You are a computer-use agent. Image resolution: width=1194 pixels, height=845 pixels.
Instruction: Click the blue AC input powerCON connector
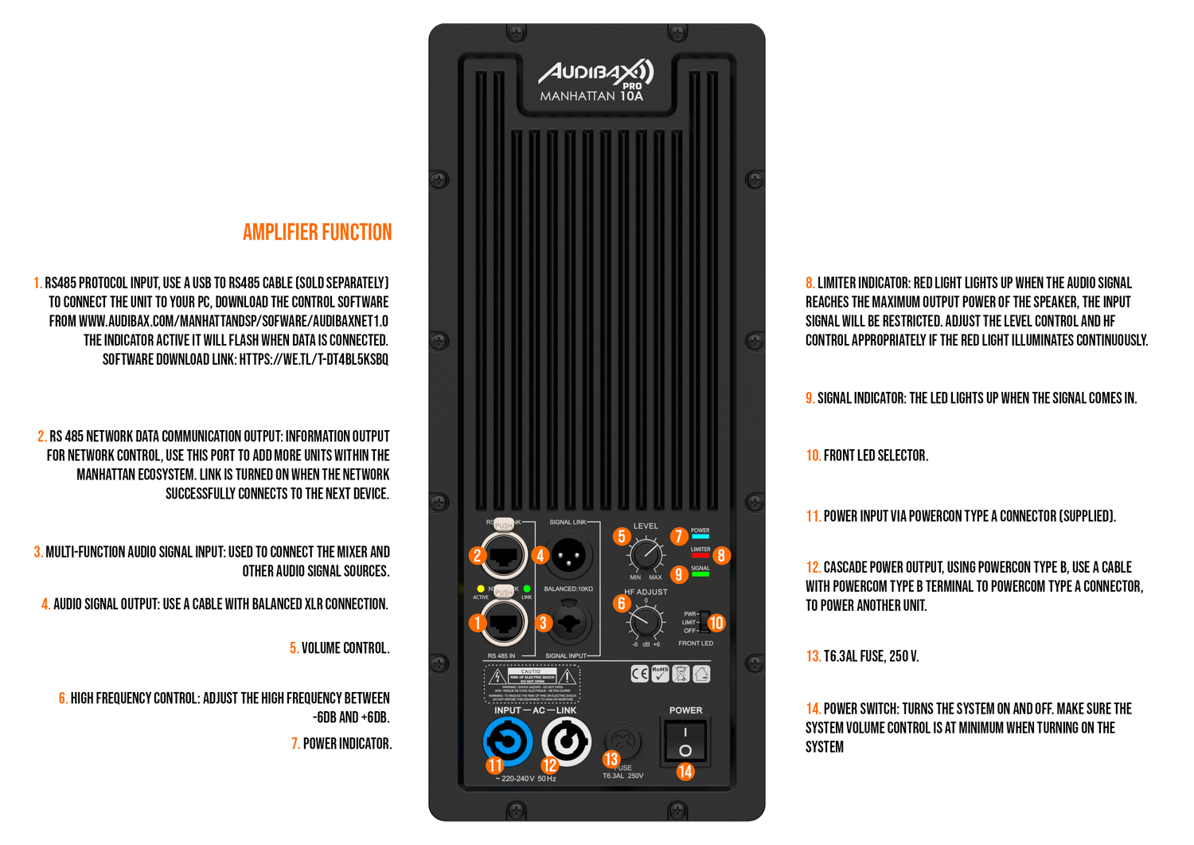(507, 741)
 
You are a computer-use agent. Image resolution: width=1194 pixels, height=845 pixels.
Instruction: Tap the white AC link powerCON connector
(567, 741)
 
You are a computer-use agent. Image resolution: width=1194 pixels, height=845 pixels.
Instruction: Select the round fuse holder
(622, 741)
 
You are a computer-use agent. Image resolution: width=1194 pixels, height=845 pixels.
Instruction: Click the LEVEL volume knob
(646, 552)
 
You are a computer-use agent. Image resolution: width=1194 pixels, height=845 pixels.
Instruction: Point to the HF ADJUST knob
(646, 620)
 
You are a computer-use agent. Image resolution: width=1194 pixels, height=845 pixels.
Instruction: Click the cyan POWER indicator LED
(700, 536)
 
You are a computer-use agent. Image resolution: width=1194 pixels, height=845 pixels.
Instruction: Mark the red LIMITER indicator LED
(700, 555)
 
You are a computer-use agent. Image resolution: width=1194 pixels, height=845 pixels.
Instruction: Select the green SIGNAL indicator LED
(700, 574)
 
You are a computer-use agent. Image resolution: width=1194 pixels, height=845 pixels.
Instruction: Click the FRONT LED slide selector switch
(704, 622)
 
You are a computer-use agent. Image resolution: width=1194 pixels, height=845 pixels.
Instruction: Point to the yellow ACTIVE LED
(481, 589)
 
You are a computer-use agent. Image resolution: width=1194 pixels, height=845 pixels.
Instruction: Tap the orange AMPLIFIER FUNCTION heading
(317, 232)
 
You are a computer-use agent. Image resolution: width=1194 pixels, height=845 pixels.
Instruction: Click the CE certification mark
(639, 674)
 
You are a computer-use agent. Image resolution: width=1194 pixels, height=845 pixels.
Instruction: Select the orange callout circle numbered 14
(685, 771)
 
